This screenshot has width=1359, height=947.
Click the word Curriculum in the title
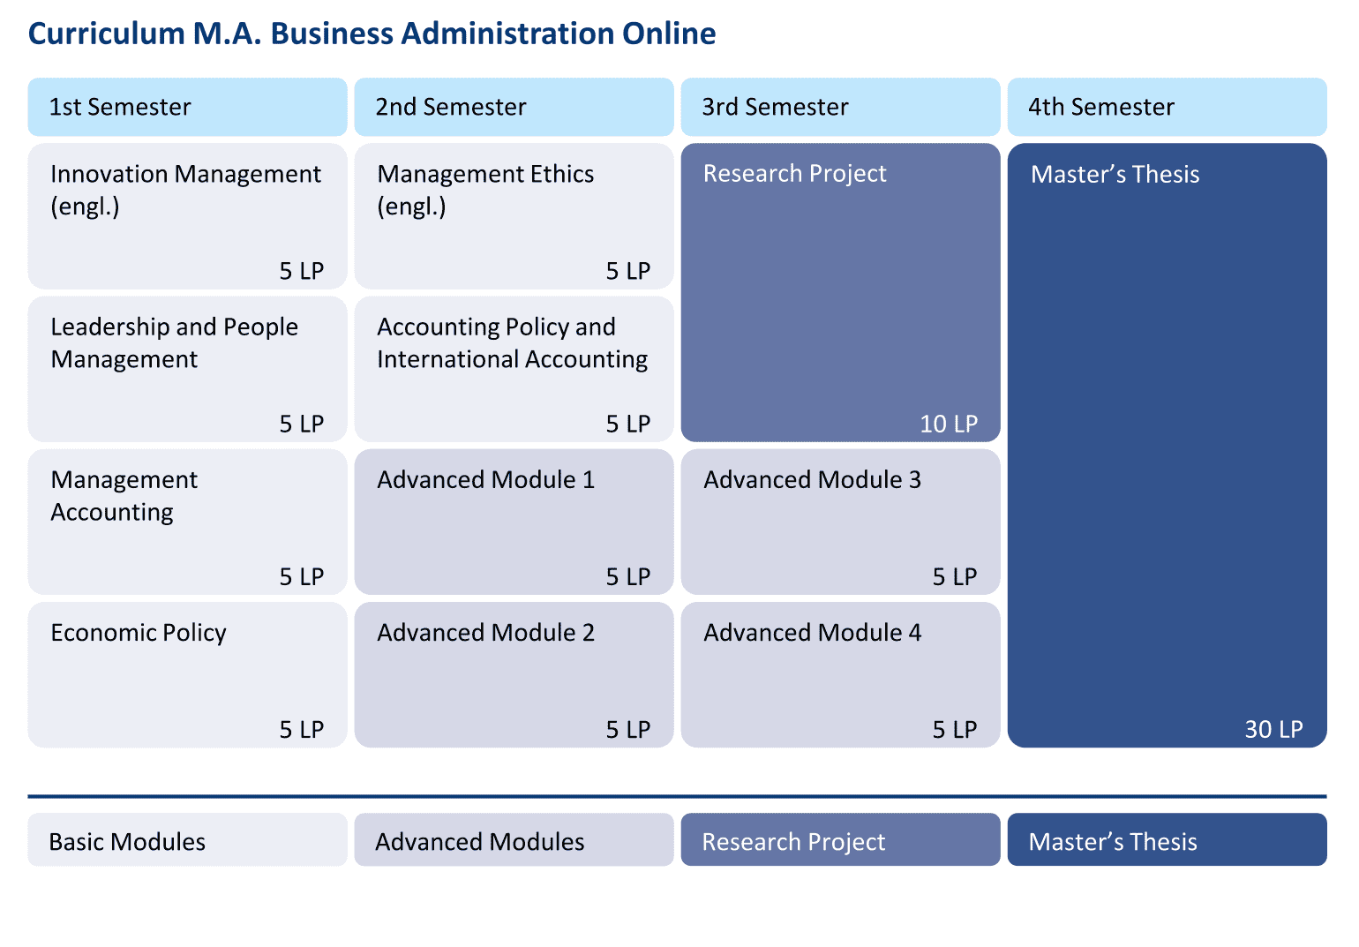(107, 34)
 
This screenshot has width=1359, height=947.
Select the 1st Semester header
(120, 107)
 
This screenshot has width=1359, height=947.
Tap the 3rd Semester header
(775, 107)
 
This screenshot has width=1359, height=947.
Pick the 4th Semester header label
(1101, 107)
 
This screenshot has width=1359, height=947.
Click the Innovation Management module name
(185, 190)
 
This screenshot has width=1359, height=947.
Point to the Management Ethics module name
(485, 190)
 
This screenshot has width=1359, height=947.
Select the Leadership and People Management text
(174, 342)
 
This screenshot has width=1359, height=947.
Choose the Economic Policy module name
(139, 633)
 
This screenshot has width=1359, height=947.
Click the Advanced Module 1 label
(486, 480)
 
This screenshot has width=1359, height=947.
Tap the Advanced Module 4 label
(813, 633)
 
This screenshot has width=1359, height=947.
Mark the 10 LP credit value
(949, 424)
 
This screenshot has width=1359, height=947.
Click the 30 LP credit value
(1274, 729)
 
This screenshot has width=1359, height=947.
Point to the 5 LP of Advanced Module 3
(955, 577)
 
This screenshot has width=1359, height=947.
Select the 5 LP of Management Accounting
(302, 577)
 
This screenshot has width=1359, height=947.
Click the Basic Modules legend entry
(127, 842)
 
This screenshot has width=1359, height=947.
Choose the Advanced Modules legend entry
(480, 842)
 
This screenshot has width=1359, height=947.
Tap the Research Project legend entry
(793, 842)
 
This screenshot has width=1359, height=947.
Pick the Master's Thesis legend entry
(1113, 842)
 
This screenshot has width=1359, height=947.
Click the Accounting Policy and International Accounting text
(513, 342)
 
